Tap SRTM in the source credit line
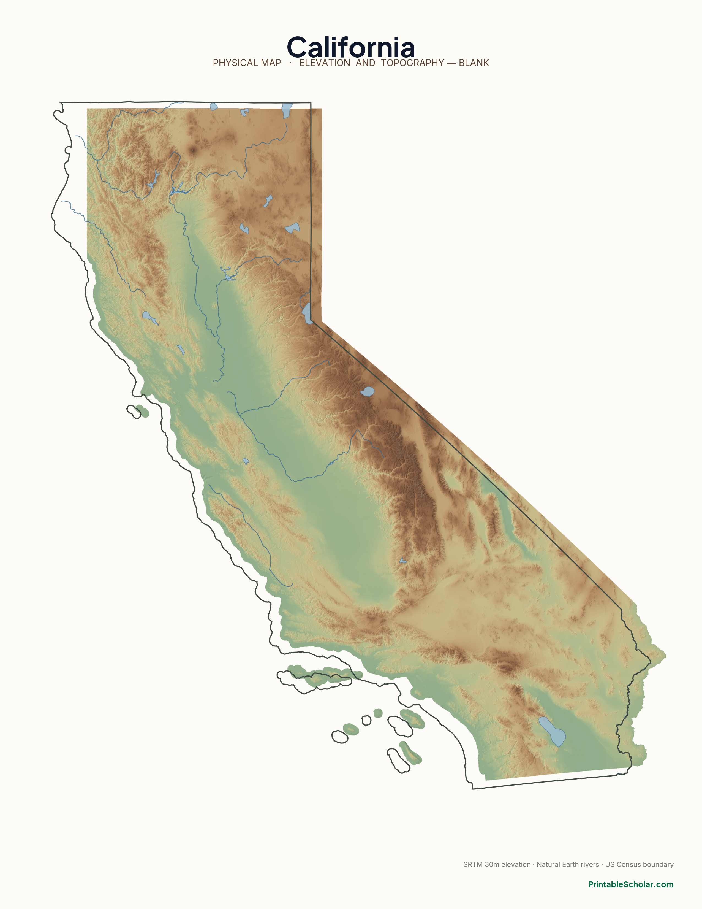click(x=473, y=861)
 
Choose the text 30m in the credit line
click(x=493, y=861)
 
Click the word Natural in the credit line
click(x=548, y=861)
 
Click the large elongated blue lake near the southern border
click(x=552, y=731)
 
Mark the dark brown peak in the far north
click(x=192, y=150)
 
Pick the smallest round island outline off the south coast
click(x=366, y=721)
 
